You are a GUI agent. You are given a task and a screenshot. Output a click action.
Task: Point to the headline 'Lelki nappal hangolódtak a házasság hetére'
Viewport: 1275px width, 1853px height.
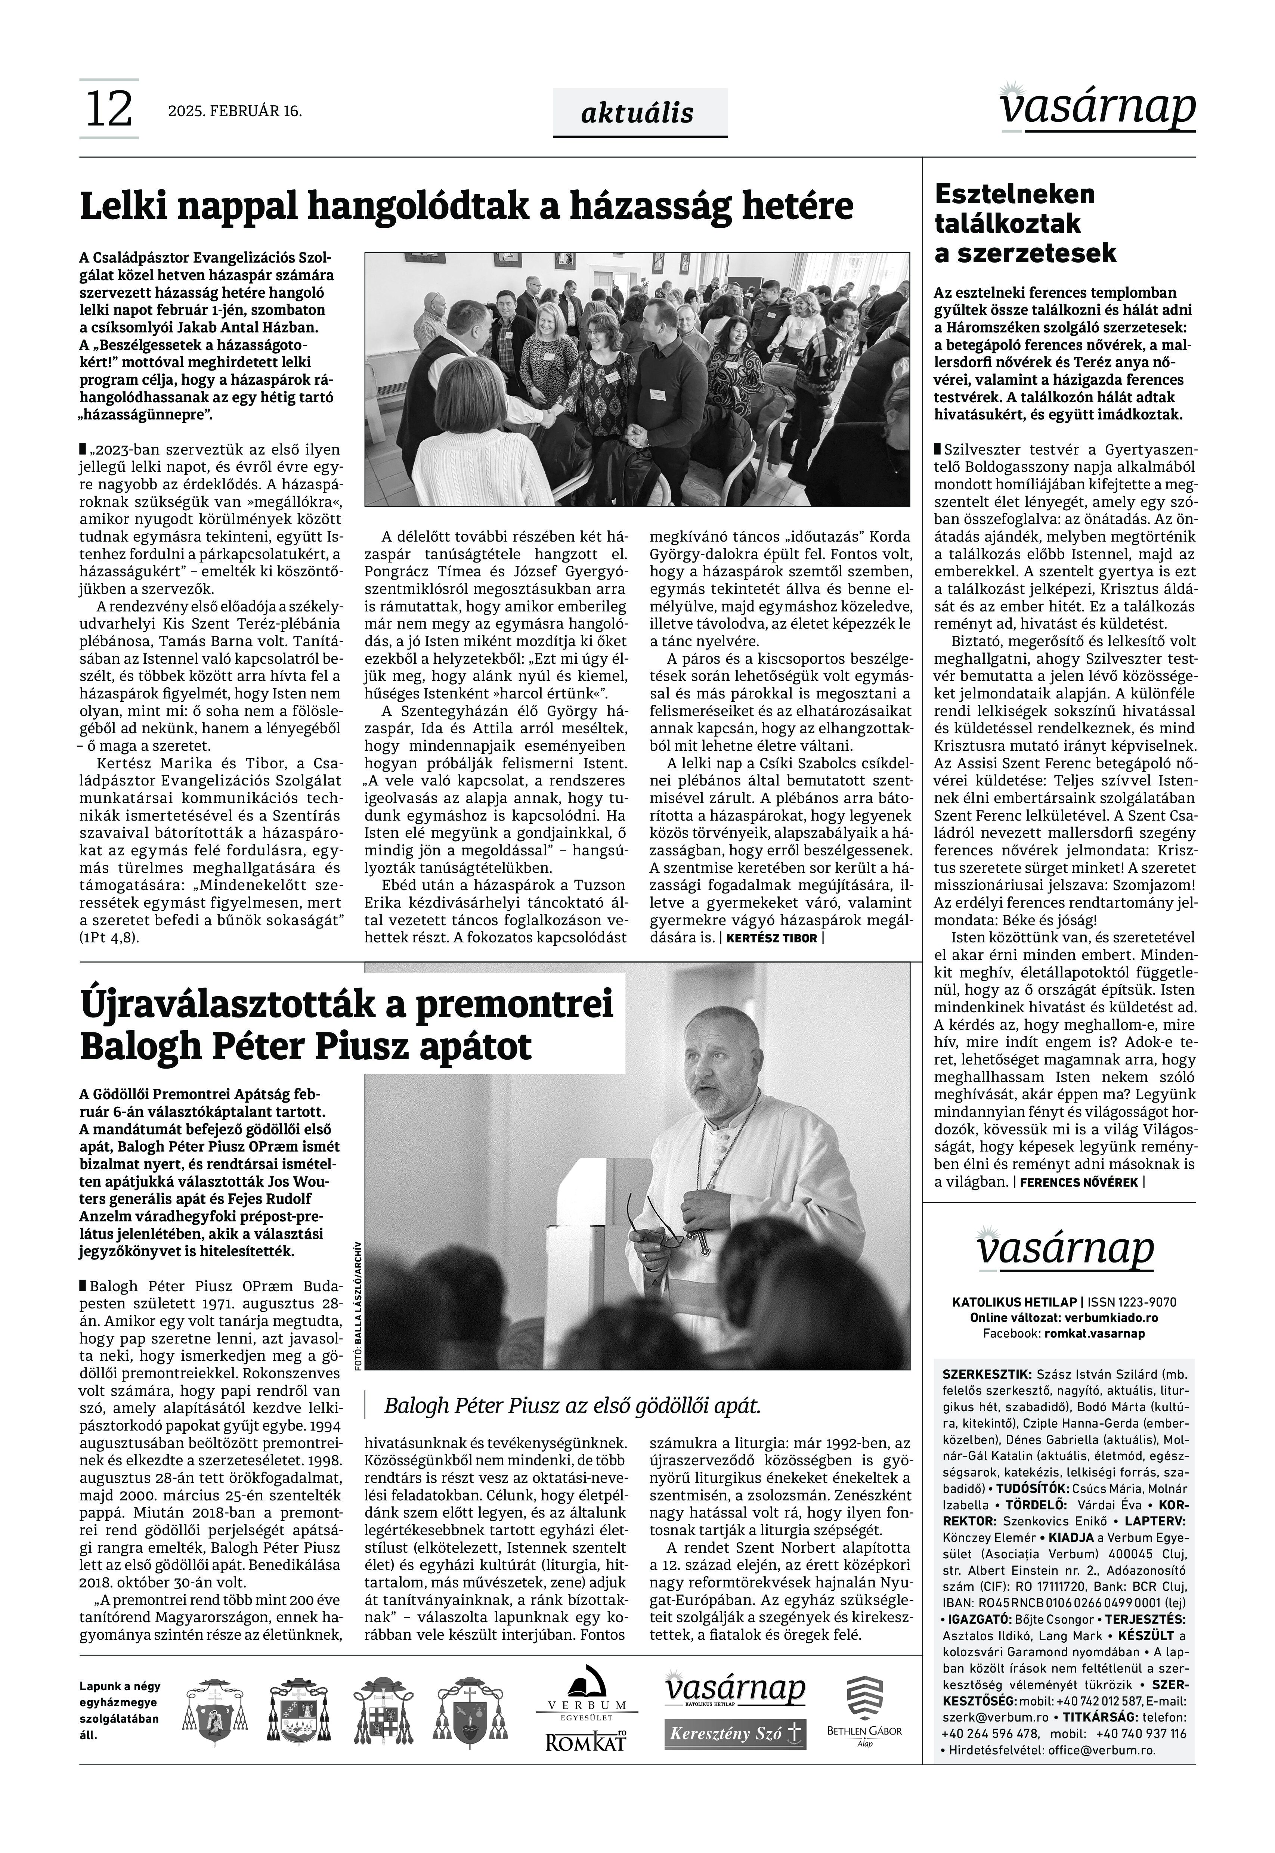click(467, 207)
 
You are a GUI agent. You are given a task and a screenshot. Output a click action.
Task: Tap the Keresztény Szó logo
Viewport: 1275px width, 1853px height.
click(735, 1734)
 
